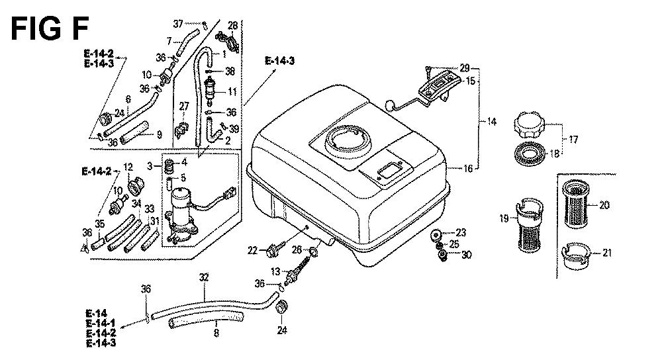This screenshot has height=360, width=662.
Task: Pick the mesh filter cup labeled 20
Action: [x=578, y=204]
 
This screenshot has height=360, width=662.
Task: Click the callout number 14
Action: [x=491, y=122]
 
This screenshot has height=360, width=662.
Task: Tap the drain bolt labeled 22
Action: [x=271, y=251]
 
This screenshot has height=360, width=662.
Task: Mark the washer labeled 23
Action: [x=436, y=235]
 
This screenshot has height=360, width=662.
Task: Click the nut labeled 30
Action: [x=442, y=255]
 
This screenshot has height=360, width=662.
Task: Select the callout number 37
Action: [x=178, y=24]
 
